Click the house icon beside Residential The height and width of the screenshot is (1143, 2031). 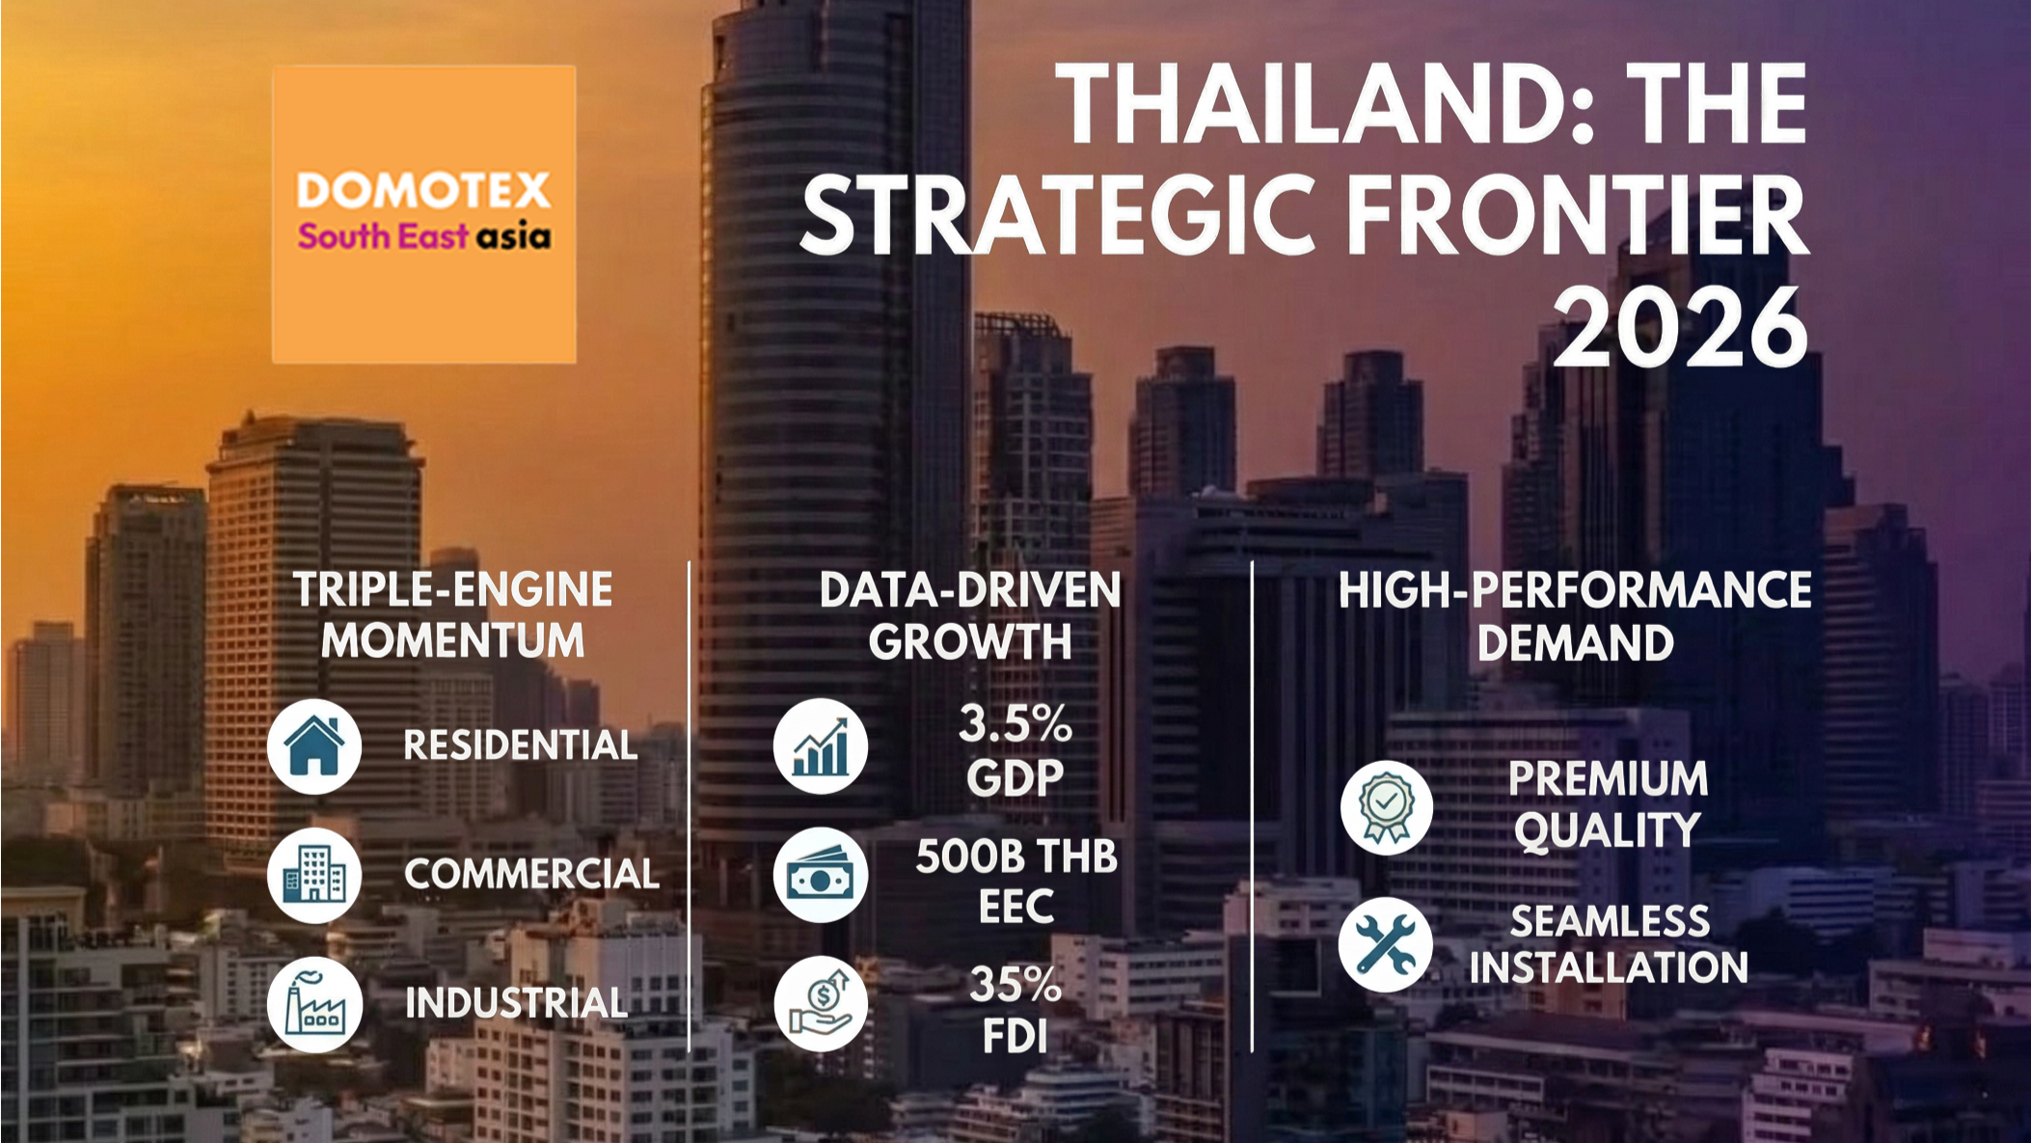click(314, 747)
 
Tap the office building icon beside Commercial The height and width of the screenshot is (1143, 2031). click(314, 876)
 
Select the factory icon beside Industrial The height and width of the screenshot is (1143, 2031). click(314, 1005)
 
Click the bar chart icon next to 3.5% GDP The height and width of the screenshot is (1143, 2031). click(821, 747)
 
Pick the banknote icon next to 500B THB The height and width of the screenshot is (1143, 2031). click(821, 876)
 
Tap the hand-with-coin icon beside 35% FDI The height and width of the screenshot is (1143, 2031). click(821, 1005)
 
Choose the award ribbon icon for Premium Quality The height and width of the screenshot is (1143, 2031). click(1387, 807)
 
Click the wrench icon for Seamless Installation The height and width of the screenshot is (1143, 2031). click(1387, 944)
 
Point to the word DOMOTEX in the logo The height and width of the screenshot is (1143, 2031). click(423, 190)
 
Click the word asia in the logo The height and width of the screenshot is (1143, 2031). click(514, 236)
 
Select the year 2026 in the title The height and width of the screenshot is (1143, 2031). click(1679, 327)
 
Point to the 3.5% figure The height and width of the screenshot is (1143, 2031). click(1015, 723)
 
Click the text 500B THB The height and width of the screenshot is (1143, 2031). click(1015, 857)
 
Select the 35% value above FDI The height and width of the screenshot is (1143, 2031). click(1015, 985)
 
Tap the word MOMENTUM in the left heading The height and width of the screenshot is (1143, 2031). click(452, 640)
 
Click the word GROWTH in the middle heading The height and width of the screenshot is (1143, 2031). click(970, 641)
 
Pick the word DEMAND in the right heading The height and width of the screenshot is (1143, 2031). click(1575, 643)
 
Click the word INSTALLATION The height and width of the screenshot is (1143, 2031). click(1609, 967)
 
